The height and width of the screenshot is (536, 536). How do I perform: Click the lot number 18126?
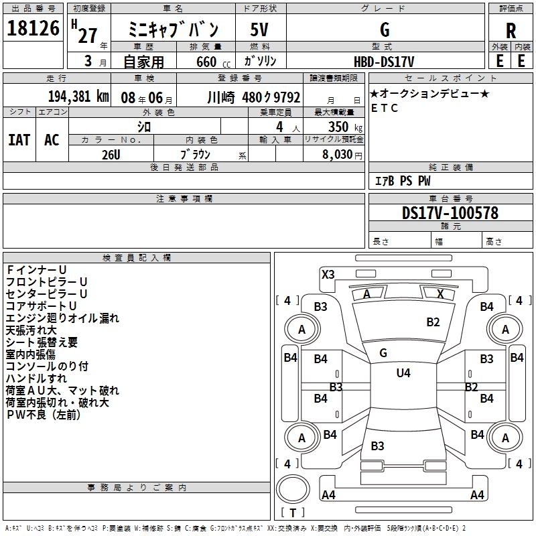33,28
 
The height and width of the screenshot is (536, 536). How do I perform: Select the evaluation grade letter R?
511,30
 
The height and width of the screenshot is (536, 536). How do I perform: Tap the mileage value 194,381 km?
78,96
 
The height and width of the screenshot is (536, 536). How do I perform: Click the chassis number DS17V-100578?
450,213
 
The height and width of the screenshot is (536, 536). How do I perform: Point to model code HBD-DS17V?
384,62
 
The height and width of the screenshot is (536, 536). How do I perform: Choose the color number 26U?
111,155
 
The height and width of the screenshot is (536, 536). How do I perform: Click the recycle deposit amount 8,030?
337,155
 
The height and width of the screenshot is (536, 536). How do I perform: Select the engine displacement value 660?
206,62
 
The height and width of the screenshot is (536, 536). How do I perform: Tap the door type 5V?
259,29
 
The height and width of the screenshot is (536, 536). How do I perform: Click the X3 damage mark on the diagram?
328,275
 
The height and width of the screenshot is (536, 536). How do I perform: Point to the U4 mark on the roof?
403,373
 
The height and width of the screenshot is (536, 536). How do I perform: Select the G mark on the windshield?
383,353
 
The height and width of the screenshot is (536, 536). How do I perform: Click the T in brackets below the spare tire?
293,513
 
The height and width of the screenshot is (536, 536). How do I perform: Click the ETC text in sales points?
385,108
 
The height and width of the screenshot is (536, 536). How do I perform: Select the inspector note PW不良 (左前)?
44,415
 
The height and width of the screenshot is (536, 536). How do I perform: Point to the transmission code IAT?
19,140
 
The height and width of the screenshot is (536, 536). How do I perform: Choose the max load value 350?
338,127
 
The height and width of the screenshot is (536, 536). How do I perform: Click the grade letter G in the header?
385,29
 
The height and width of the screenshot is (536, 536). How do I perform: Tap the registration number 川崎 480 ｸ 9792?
254,97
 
